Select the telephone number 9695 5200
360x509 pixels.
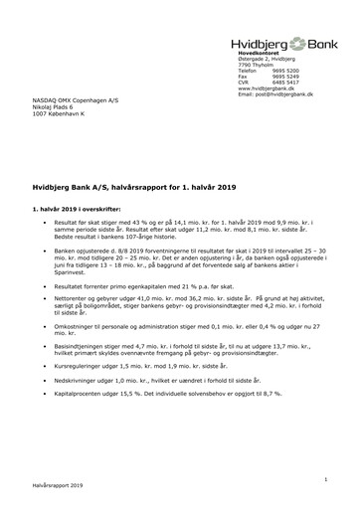(x=284, y=71)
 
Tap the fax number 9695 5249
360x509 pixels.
(x=284, y=77)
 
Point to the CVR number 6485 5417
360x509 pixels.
(x=284, y=83)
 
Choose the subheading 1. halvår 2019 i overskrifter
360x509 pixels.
(x=84, y=181)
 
